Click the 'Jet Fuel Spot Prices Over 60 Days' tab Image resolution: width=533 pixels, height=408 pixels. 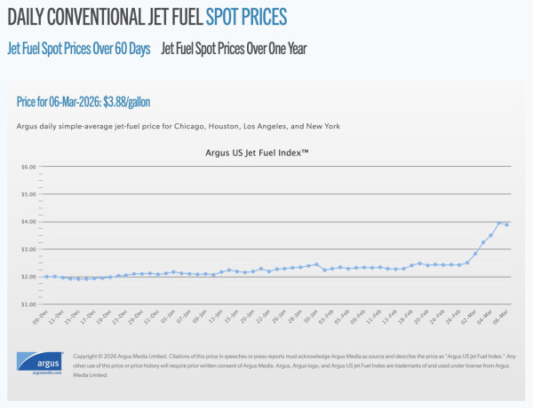[79, 48]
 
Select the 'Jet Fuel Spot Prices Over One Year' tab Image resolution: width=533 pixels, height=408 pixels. [234, 48]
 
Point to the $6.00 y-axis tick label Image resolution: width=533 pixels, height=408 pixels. [28, 167]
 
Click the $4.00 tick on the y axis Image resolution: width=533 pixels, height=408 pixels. [28, 222]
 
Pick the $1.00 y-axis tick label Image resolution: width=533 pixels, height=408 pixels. [28, 304]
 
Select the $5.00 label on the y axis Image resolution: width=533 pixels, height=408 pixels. [28, 194]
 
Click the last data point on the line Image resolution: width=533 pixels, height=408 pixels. [507, 224]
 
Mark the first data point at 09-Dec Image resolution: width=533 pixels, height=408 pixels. [46, 277]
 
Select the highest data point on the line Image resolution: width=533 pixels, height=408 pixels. [499, 223]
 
